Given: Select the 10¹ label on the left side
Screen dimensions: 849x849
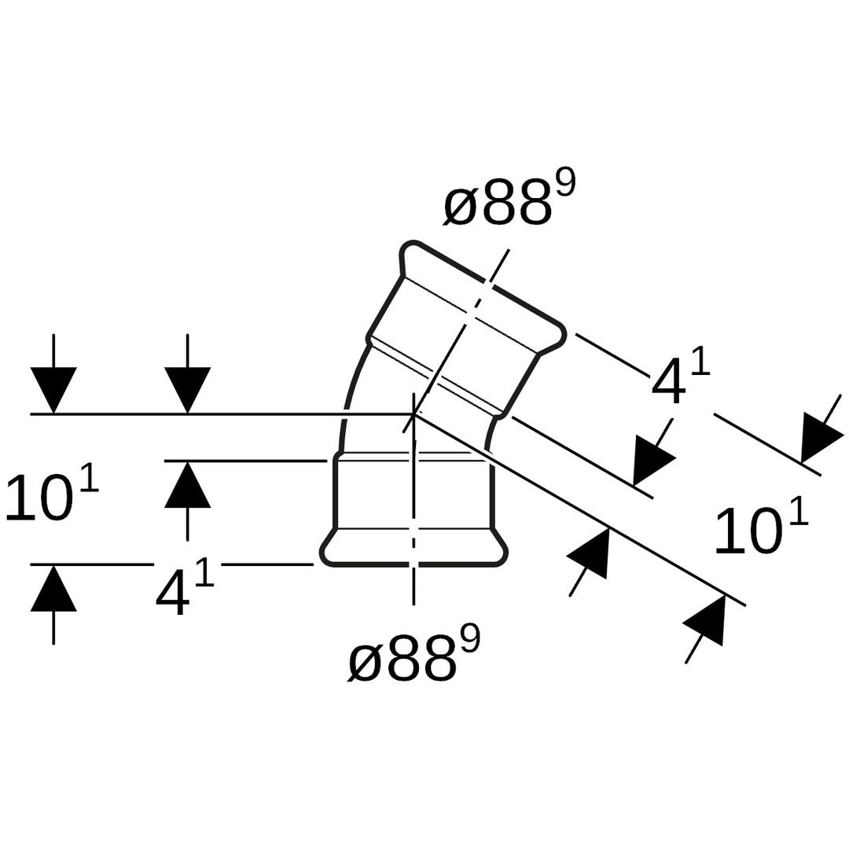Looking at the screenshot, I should click(51, 494).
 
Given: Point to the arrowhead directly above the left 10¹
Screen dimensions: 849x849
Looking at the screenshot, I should click(53, 389).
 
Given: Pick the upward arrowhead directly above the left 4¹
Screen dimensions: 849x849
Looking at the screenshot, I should click(187, 484).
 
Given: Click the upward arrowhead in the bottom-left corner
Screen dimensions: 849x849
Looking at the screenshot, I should click(53, 588).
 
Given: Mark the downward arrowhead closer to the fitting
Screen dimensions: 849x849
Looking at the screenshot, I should click(187, 389).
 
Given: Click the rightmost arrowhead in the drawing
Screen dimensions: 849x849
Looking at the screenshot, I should click(818, 439).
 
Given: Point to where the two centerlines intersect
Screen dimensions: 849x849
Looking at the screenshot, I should click(413, 413).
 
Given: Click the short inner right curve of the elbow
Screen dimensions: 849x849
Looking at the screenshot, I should click(493, 433).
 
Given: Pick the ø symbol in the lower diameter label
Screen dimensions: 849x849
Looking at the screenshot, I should click(366, 662).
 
